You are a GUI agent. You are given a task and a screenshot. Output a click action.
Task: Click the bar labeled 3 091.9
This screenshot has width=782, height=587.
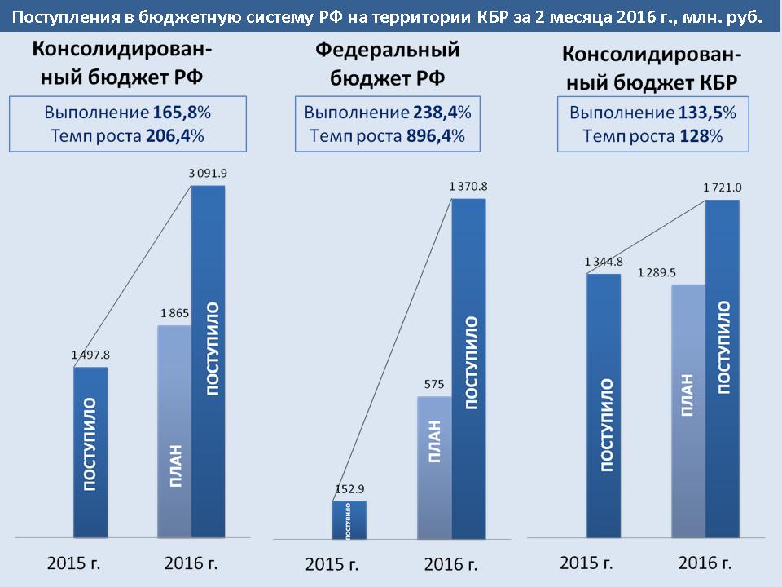tap(208, 362)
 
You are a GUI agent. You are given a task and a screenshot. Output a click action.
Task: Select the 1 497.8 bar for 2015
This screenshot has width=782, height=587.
tap(90, 452)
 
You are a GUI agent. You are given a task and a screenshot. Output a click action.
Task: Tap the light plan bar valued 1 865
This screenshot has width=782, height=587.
tap(174, 432)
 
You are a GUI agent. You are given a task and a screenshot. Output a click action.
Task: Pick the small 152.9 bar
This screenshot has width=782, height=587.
tap(349, 519)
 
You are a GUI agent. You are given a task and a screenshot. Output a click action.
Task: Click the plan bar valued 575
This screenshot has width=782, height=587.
tap(434, 467)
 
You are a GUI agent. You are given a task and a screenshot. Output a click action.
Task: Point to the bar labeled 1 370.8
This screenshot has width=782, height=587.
tap(468, 369)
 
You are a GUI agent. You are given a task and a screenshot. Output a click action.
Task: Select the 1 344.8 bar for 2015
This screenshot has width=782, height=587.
tap(604, 406)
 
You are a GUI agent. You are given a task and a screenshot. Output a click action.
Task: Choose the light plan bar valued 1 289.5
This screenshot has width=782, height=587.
tap(688, 411)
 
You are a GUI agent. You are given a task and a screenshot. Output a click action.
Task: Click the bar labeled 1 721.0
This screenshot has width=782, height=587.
tap(723, 369)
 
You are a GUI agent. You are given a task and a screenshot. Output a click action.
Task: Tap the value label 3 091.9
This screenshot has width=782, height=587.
tap(208, 173)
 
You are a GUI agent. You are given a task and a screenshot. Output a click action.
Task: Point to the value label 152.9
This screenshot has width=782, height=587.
tap(349, 490)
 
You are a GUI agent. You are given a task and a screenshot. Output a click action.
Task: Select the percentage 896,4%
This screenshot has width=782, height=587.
tap(436, 135)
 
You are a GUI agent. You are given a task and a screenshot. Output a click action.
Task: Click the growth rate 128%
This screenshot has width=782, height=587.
tap(701, 135)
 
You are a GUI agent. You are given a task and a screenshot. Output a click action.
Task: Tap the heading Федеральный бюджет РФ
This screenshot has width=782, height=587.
tap(388, 64)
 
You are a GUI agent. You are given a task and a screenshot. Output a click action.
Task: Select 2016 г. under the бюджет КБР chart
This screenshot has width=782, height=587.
tap(705, 563)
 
